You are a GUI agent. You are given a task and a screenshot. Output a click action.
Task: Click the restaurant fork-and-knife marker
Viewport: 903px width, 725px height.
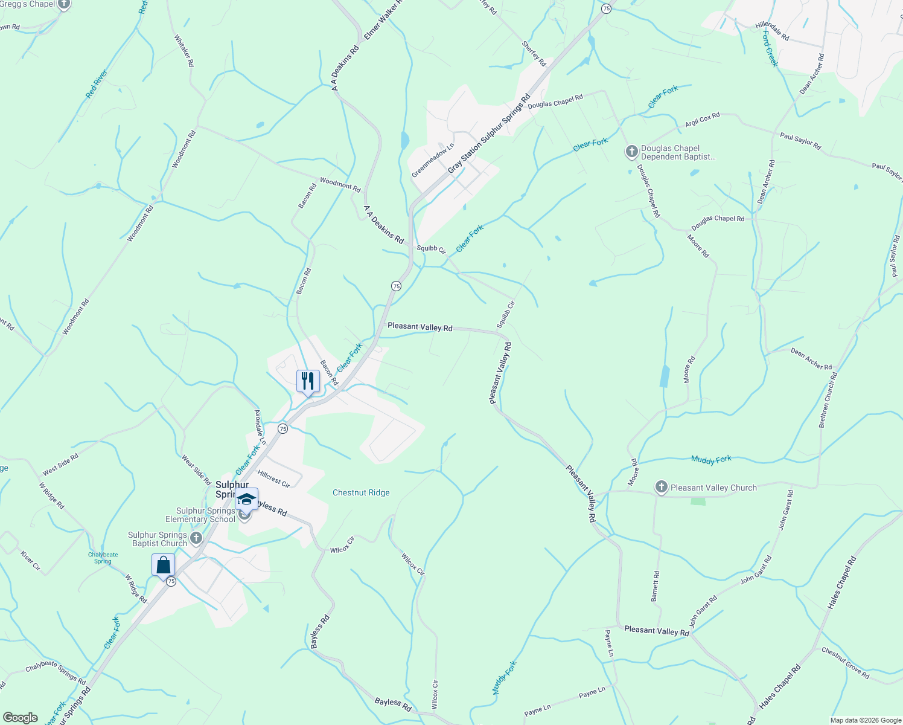308,381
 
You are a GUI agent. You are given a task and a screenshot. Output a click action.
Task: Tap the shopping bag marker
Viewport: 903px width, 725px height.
163,565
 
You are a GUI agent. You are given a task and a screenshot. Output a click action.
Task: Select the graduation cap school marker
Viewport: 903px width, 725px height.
246,499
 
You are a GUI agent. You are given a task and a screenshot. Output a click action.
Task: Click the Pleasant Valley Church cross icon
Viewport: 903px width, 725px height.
662,488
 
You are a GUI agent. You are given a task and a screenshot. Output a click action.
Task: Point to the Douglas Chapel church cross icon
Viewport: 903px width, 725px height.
631,152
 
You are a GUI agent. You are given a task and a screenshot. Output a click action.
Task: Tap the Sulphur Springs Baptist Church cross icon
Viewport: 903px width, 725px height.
196,538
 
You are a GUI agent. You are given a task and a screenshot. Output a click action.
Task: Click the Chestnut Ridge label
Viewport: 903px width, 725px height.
361,492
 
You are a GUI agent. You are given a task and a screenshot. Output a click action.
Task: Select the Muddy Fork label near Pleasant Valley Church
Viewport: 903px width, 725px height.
711,460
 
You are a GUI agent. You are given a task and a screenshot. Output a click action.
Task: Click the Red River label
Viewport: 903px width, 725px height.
96,84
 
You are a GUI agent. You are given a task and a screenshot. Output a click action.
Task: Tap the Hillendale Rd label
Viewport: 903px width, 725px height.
772,31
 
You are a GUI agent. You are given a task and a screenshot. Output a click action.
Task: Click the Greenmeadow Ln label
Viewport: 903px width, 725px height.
432,161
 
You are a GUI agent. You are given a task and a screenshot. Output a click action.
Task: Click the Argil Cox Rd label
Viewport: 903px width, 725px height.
702,120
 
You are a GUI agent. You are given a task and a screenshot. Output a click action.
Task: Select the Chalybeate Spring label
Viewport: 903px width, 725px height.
103,558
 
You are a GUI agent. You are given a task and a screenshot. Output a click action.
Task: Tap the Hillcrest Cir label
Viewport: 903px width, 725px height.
273,479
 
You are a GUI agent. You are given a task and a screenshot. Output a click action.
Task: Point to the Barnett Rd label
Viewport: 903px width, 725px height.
655,586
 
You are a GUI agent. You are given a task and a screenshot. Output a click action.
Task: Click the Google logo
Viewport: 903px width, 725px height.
20,718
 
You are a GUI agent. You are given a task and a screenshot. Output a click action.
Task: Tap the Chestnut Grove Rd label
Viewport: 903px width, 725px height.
845,663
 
